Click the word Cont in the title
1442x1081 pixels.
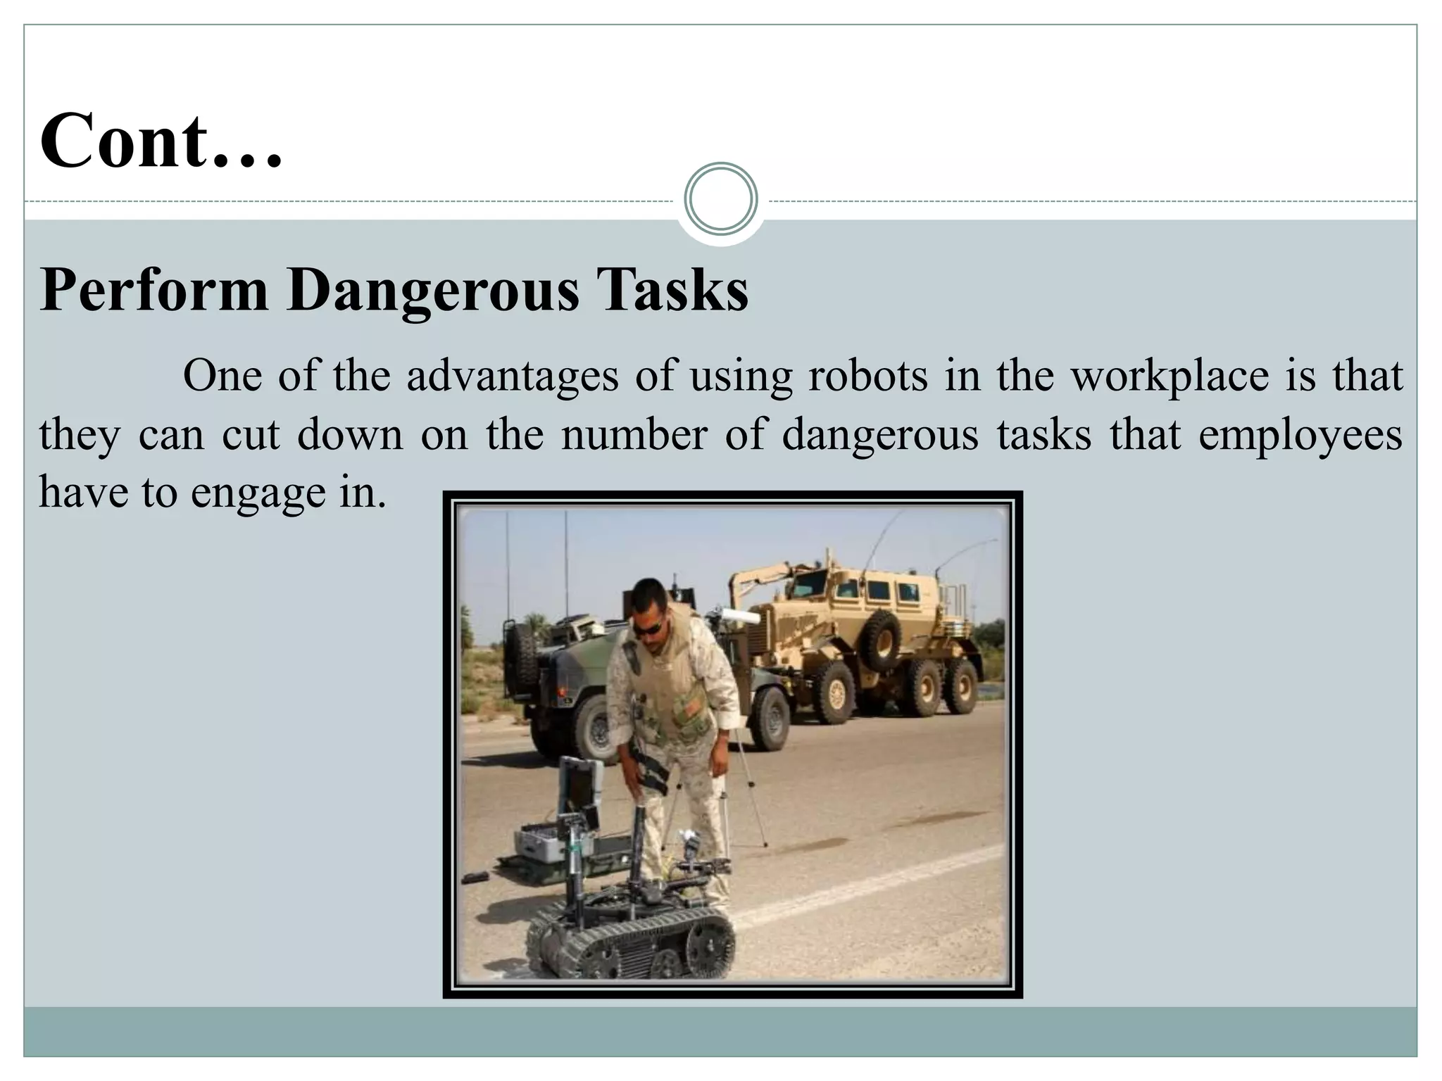click(x=123, y=141)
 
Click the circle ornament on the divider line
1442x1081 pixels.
click(x=720, y=198)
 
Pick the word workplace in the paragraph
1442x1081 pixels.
click(x=1170, y=376)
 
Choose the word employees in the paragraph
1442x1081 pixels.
click(x=1300, y=434)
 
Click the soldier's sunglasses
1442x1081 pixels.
click(x=647, y=627)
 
